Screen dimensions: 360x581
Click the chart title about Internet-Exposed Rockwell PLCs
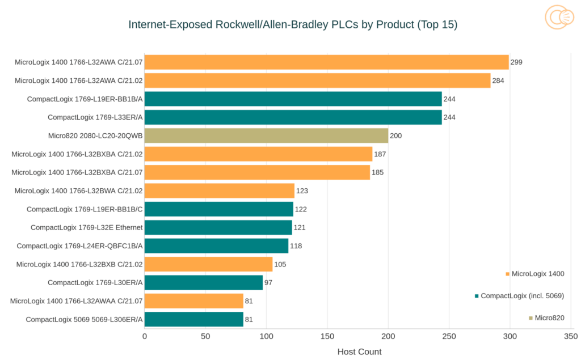tap(293, 24)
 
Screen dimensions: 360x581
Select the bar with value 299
tap(326, 62)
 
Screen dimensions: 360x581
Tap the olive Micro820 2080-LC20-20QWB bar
tap(266, 135)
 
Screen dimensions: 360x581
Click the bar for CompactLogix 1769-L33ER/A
tap(293, 117)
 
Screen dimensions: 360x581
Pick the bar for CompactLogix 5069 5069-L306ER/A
tap(193, 319)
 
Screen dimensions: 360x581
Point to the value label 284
tap(498, 81)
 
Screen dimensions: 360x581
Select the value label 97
tap(269, 282)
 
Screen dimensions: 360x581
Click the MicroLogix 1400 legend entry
tap(537, 274)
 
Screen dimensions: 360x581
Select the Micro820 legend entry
tap(549, 317)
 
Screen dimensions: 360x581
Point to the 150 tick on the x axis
tap(327, 336)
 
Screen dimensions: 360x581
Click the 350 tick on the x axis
tap(570, 336)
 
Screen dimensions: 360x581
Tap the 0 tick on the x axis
tap(145, 336)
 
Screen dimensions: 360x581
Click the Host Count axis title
tap(359, 351)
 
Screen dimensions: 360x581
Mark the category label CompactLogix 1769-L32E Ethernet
tap(86, 227)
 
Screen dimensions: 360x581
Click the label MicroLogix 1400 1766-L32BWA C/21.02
tap(78, 190)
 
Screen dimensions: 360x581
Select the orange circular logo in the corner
tap(559, 17)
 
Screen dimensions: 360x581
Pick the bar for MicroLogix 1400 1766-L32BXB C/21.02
tap(208, 264)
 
